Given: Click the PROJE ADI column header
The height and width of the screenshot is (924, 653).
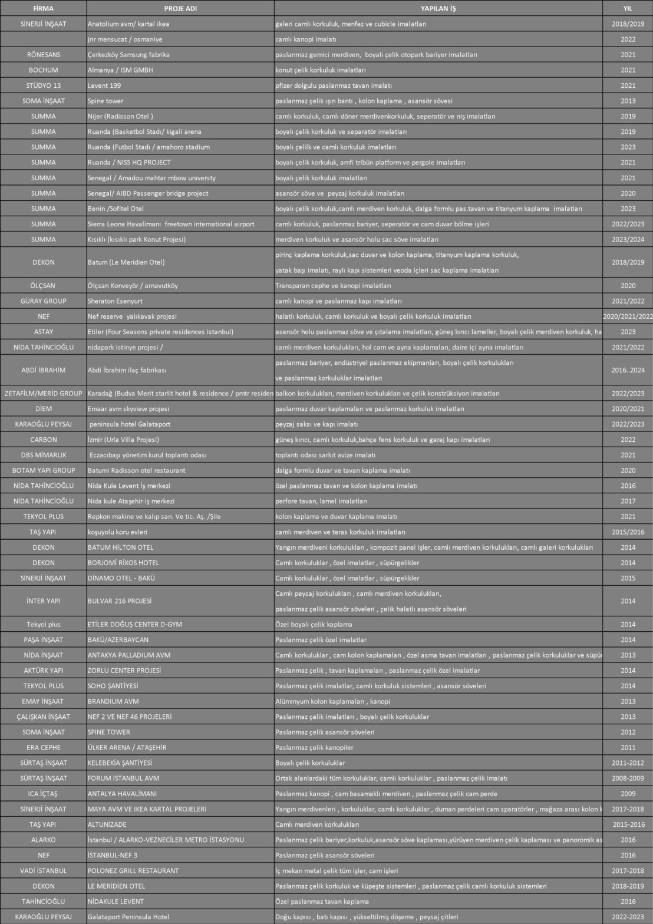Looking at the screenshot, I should [x=180, y=9].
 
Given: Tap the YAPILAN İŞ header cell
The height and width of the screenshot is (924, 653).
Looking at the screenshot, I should [x=438, y=9].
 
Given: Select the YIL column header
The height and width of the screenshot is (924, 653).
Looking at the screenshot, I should [x=628, y=9].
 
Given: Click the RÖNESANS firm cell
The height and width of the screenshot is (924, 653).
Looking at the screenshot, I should [x=43, y=55].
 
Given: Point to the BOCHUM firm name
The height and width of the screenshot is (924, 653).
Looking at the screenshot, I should [x=43, y=70].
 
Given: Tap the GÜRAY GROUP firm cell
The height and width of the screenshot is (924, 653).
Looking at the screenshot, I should [x=43, y=301].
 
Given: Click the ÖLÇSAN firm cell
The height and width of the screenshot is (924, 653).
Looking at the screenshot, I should [x=43, y=286].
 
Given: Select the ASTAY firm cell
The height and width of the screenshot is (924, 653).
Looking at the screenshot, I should [x=43, y=332].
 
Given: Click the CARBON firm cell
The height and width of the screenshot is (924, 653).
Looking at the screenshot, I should [x=43, y=440].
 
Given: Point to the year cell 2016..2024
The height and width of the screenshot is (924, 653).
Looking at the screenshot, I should [x=628, y=370].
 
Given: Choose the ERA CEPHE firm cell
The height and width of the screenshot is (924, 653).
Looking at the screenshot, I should [x=43, y=748].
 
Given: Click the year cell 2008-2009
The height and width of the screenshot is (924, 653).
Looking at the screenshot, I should [x=628, y=778].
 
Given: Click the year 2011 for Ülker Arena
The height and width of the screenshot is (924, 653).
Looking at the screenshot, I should [x=628, y=748].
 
